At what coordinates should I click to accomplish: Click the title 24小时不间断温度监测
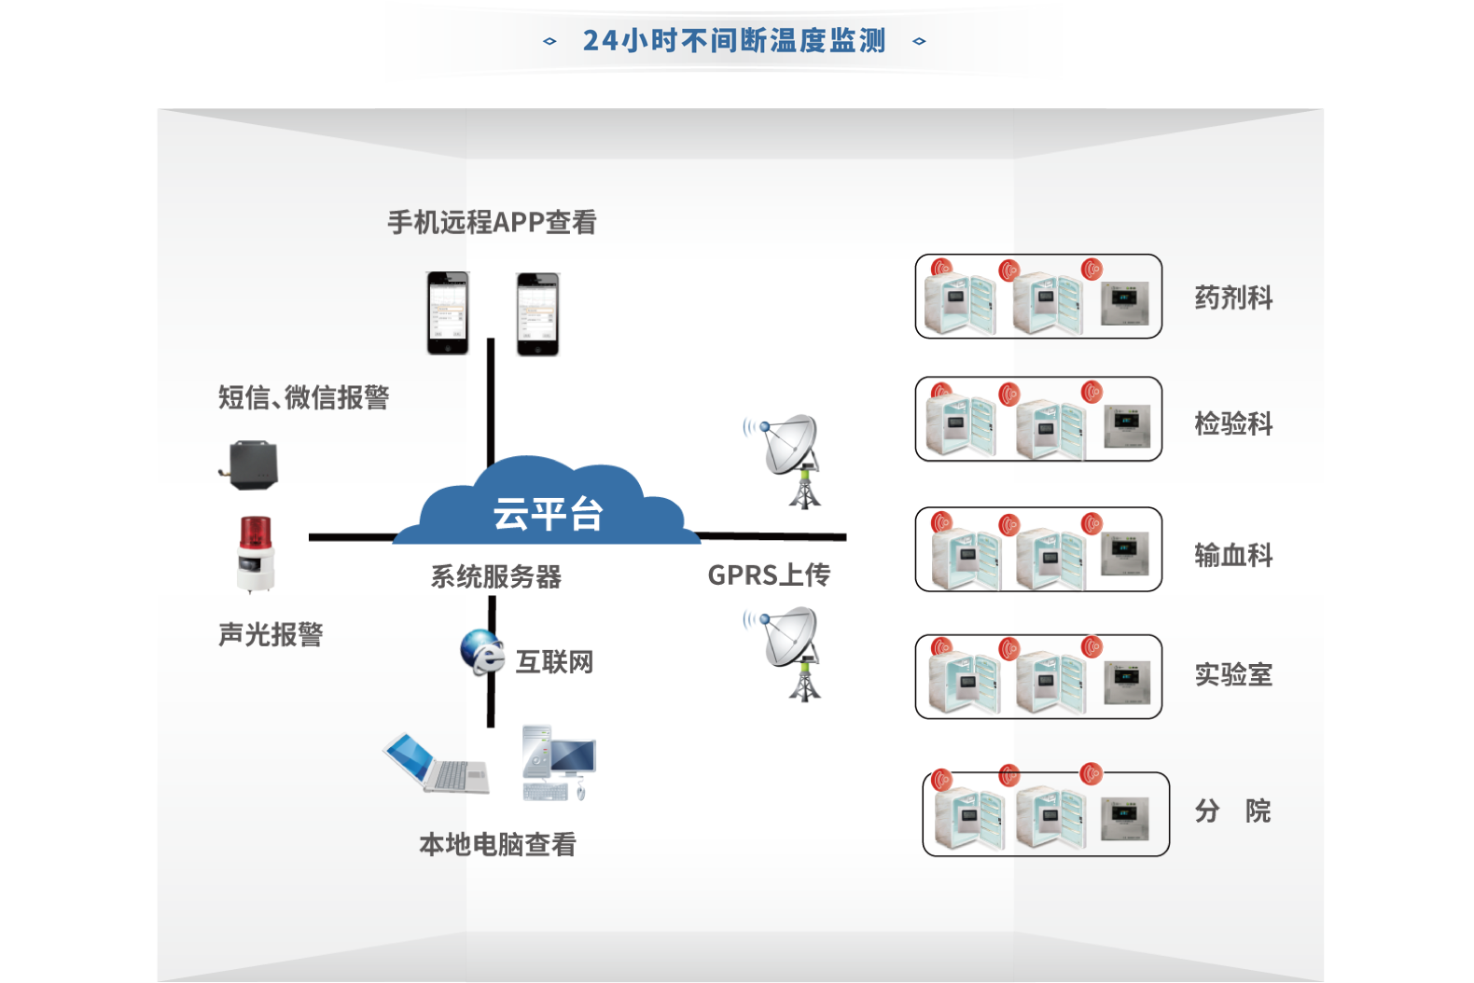pyautogui.click(x=734, y=41)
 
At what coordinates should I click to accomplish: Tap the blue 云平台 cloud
pyautogui.click(x=548, y=508)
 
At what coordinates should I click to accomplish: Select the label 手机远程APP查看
pyautogui.click(x=492, y=222)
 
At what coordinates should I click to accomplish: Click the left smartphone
pyautogui.click(x=448, y=313)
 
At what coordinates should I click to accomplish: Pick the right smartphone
pyautogui.click(x=538, y=314)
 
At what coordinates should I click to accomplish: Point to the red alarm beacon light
pyautogui.click(x=256, y=554)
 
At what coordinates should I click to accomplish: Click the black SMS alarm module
pyautogui.click(x=252, y=464)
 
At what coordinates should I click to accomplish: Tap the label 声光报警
pyautogui.click(x=271, y=635)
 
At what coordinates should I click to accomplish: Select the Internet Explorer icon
pyautogui.click(x=482, y=652)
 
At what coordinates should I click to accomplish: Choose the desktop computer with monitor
pyautogui.click(x=559, y=763)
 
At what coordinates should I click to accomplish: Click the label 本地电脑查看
pyautogui.click(x=497, y=845)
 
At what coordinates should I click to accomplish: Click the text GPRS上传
pyautogui.click(x=769, y=575)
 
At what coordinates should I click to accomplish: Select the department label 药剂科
pyautogui.click(x=1233, y=298)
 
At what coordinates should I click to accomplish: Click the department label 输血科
pyautogui.click(x=1233, y=555)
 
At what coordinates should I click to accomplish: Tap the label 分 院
pyautogui.click(x=1232, y=810)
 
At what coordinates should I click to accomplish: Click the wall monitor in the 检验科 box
pyautogui.click(x=1126, y=426)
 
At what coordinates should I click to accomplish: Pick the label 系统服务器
pyautogui.click(x=495, y=576)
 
